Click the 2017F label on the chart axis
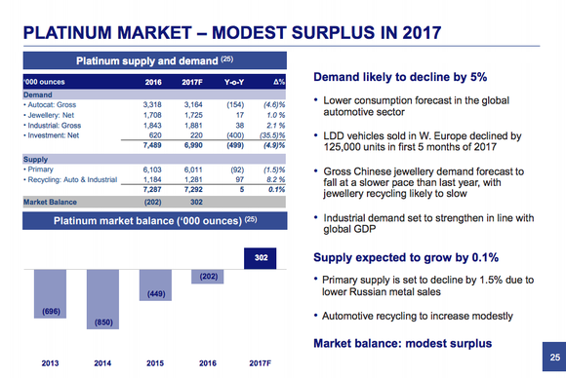260,364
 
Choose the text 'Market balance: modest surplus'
403,344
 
